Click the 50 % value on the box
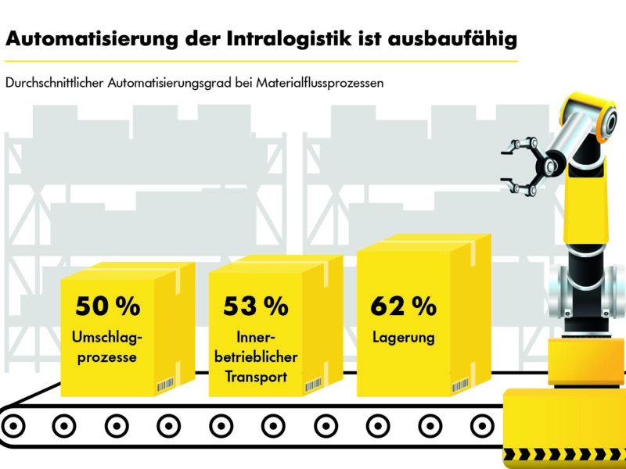point(107,306)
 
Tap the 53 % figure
point(256,306)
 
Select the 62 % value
point(403,306)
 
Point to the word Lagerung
point(403,338)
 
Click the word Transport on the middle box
point(254,376)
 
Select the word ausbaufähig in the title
point(452,38)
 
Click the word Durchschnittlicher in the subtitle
point(55,83)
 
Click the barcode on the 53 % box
point(313,385)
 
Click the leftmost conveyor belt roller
point(13,426)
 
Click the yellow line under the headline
point(261,60)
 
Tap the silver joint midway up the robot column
point(583,289)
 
